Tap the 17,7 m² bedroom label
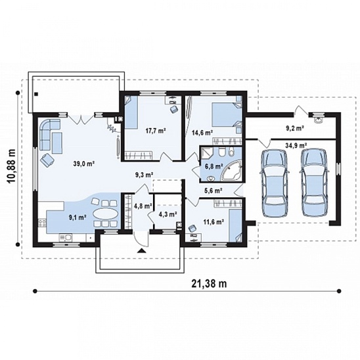[156, 131]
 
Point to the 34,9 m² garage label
[296, 145]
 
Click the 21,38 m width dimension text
[209, 284]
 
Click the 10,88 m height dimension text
[11, 166]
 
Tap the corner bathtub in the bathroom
[232, 170]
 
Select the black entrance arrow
[141, 250]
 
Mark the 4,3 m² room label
[168, 214]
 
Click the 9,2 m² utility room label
[295, 128]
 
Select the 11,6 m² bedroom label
[214, 221]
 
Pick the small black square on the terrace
[36, 94]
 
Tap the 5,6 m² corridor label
[213, 190]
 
